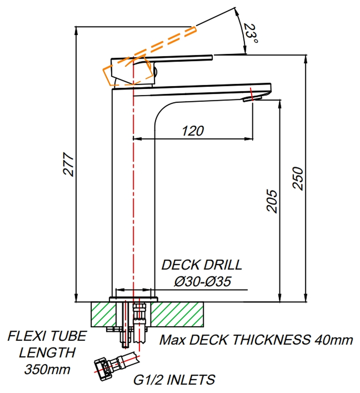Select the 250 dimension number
[298, 178]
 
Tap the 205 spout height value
[272, 201]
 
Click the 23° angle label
[251, 34]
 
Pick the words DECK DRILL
[201, 265]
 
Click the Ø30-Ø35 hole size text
[202, 281]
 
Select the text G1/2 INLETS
[174, 380]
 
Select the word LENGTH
[47, 352]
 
